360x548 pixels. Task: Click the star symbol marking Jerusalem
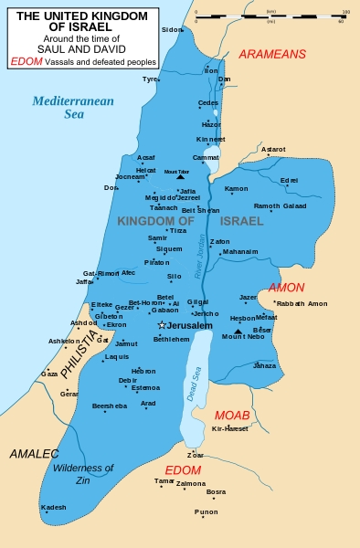(x=162, y=325)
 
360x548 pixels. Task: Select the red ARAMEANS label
(x=272, y=55)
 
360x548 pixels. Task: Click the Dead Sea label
(x=194, y=383)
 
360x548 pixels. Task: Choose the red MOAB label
(x=232, y=415)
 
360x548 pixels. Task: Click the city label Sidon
(x=172, y=29)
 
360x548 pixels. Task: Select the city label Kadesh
(x=54, y=507)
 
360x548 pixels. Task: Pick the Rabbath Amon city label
(x=302, y=303)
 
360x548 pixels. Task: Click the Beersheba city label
(x=109, y=406)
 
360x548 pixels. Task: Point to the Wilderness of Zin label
(x=83, y=473)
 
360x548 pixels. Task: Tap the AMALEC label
(x=34, y=453)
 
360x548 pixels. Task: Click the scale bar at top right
(x=273, y=16)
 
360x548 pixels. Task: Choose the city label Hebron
(x=143, y=371)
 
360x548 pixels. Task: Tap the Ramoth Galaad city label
(x=280, y=206)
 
